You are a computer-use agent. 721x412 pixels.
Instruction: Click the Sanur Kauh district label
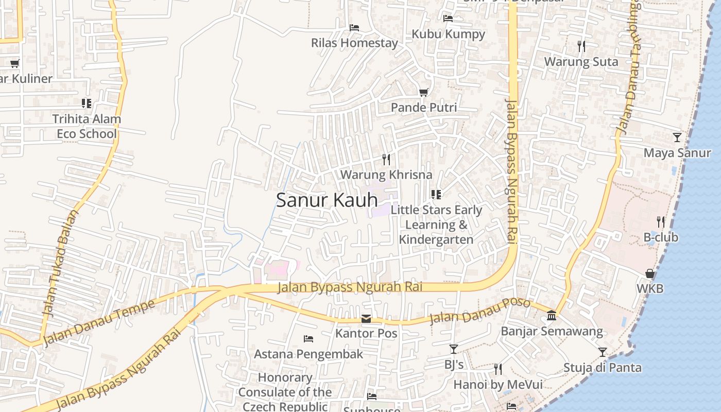[327, 200]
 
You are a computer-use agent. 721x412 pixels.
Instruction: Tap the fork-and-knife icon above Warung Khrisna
[386, 159]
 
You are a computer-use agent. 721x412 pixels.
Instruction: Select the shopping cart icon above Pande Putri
[423, 92]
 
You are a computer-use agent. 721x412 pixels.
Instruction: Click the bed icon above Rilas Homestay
[354, 27]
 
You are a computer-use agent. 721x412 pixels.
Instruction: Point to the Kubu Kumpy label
[448, 34]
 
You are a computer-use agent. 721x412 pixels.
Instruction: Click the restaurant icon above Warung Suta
[581, 46]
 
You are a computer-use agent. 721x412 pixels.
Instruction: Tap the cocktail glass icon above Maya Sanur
[677, 138]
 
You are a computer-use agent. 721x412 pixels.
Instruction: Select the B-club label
[661, 237]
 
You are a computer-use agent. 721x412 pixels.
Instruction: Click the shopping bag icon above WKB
[650, 273]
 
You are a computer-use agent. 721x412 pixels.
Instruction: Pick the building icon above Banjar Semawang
[552, 315]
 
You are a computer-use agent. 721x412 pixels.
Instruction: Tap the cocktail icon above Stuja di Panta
[603, 352]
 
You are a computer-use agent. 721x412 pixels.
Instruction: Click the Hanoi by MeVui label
[497, 384]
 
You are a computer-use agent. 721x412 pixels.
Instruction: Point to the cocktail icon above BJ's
[454, 349]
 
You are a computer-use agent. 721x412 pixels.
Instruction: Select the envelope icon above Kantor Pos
[366, 318]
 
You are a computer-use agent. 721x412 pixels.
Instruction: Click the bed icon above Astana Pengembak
[308, 339]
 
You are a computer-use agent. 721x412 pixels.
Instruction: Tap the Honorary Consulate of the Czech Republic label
[285, 392]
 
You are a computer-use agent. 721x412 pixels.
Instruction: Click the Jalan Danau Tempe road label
[99, 323]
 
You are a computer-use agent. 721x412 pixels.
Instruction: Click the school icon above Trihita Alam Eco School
[87, 104]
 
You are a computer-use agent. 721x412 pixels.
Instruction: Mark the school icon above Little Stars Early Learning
[436, 194]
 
